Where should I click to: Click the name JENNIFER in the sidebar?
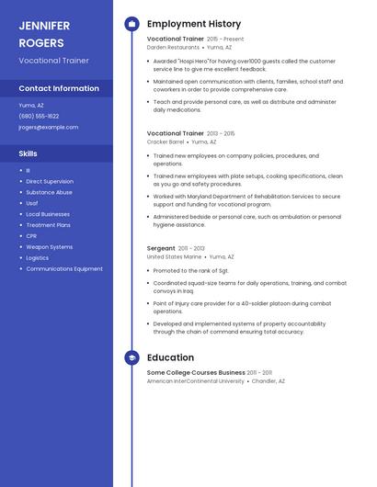44,26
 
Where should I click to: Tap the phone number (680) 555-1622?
39,116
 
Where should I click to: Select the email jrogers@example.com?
48,127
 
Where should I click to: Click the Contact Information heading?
59,88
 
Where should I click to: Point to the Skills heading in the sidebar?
29,153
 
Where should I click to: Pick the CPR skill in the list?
32,236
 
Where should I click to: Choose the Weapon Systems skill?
49,247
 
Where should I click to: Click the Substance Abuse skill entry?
49,192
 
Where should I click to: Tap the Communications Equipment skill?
64,269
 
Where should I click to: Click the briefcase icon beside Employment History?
131,24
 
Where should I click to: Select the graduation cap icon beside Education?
131,357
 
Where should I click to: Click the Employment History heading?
194,24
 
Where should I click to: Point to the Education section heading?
170,357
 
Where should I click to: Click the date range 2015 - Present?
225,40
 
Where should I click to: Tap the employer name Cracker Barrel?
166,142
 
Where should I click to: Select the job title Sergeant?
161,248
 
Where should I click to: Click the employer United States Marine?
174,257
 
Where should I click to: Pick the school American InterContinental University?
196,380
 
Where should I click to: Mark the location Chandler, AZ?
268,380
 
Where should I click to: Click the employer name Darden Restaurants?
173,47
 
